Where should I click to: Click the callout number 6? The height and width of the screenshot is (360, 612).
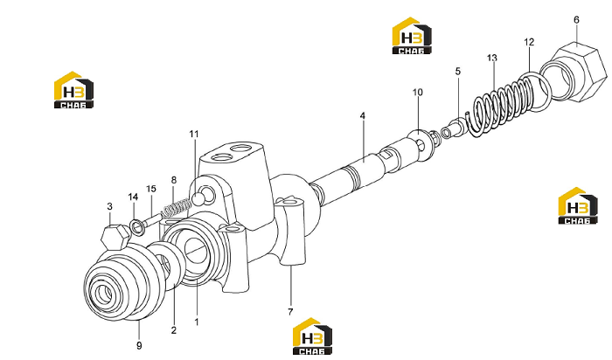[576, 19]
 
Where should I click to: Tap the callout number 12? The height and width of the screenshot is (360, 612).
[529, 42]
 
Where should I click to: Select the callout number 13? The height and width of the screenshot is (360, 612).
[491, 59]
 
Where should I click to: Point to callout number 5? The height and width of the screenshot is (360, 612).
[458, 71]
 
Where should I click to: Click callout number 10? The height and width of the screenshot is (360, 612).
[418, 92]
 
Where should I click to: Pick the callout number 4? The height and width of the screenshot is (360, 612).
[363, 115]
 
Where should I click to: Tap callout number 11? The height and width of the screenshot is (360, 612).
[194, 134]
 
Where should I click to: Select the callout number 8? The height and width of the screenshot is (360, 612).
[174, 180]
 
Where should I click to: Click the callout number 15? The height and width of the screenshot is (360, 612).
[151, 189]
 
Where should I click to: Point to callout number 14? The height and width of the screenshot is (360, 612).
[133, 197]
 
